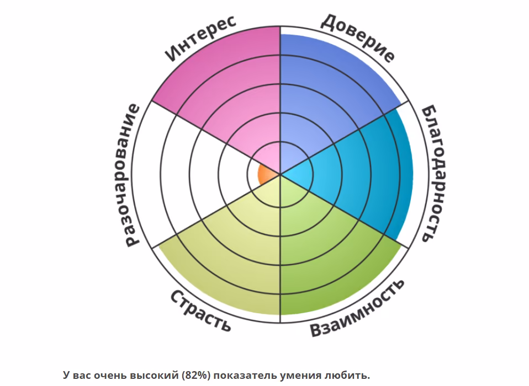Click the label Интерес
(201, 38)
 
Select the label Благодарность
(430, 173)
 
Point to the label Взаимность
(357, 308)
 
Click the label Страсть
(200, 310)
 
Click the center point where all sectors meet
(280, 174)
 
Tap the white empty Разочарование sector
(189, 174)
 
